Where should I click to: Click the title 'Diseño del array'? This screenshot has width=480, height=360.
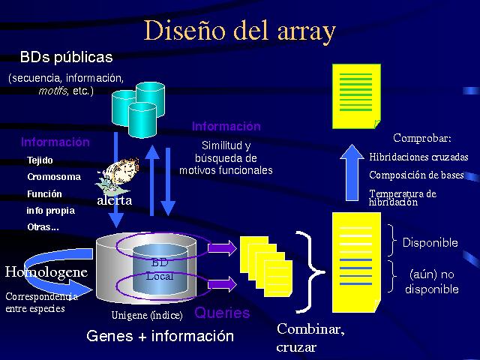(239, 31)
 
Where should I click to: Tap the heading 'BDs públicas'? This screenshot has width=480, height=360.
(66, 57)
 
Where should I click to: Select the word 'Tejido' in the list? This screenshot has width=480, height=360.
(40, 160)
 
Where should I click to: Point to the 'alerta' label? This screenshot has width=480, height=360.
(114, 201)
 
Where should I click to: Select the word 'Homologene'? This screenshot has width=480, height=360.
(46, 271)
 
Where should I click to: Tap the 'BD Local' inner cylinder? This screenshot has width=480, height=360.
(159, 270)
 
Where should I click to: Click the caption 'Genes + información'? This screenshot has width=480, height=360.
(160, 336)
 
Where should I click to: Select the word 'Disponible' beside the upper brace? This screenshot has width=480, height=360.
(430, 243)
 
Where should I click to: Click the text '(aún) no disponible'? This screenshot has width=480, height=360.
(431, 281)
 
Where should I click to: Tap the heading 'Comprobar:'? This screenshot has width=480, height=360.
(422, 138)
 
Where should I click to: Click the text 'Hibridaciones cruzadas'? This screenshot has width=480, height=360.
(418, 157)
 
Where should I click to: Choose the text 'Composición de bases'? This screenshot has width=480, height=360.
(416, 175)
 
